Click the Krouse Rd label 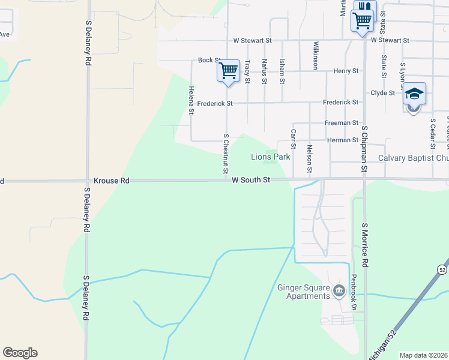pyautogui.click(x=112, y=180)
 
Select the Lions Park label pyautogui.click(x=270, y=157)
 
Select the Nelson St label pyautogui.click(x=310, y=159)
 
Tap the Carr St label pyautogui.click(x=294, y=139)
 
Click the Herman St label pyautogui.click(x=343, y=140)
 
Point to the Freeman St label pyautogui.click(x=341, y=122)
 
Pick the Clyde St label pyautogui.click(x=382, y=93)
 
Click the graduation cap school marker pyautogui.click(x=414, y=94)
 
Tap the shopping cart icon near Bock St pyautogui.click(x=228, y=71)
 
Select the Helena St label pyautogui.click(x=191, y=100)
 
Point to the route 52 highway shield pyautogui.click(x=442, y=268)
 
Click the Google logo pyautogui.click(x=20, y=353)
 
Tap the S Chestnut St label pyautogui.click(x=226, y=154)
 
